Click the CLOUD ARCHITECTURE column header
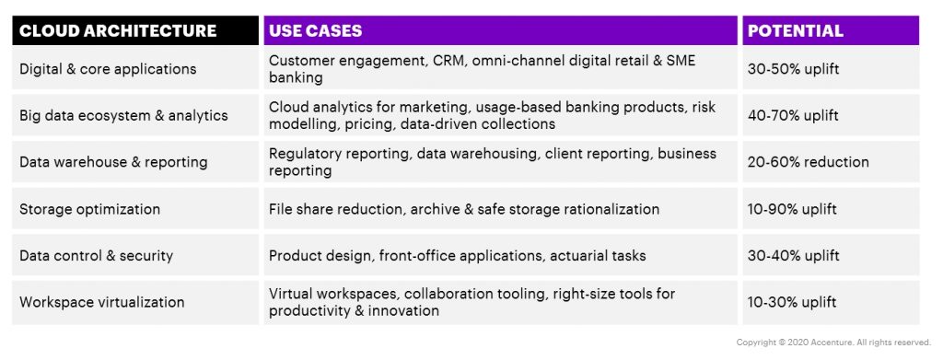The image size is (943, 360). (118, 30)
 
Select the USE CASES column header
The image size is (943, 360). (315, 30)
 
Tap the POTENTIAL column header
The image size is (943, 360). (795, 30)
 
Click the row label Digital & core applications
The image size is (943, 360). (108, 69)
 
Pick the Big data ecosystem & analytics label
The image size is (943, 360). (124, 115)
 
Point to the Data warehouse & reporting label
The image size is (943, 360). (113, 162)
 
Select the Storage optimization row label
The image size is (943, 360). (89, 209)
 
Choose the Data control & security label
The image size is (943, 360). (96, 255)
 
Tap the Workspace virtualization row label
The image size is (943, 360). (101, 302)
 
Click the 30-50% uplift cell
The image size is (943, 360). (793, 69)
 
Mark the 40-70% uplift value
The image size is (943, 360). (793, 115)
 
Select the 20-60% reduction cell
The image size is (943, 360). (809, 162)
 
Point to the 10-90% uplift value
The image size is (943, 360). (792, 209)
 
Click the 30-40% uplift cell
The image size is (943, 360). (793, 255)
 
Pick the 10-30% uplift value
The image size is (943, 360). (792, 302)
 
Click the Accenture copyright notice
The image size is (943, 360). (833, 343)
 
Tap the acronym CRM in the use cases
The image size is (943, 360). (448, 62)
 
